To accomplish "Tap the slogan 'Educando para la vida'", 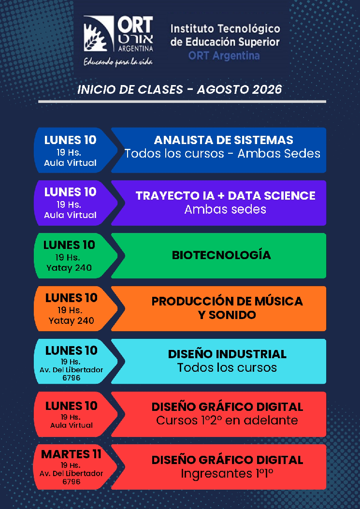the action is coord(118,61).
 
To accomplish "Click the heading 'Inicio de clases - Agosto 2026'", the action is coord(179,89).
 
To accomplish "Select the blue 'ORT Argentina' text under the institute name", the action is coord(224,56).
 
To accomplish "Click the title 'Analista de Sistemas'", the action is coord(223,140).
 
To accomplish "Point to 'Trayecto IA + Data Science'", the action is coord(225,196).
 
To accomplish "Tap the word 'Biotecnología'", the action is coord(221,255).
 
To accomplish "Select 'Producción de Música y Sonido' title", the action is coord(227,308).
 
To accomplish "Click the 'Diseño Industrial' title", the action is coord(227,354).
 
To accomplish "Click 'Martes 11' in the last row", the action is coord(72,454).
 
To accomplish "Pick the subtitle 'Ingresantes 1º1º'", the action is coord(227,474).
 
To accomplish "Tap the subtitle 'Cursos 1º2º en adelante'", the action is coord(227,421).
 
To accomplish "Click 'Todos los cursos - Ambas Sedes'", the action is coord(222,154).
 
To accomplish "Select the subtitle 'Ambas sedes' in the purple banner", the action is coord(225,209).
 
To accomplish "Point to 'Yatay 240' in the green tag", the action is coord(69,268).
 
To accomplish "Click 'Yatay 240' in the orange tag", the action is coord(72,320).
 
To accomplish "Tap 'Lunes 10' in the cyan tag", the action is coord(72,350).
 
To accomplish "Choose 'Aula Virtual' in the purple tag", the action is coord(70,215).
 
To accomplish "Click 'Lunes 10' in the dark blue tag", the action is coord(71,140).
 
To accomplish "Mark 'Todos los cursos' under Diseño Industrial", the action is coord(227,367).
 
